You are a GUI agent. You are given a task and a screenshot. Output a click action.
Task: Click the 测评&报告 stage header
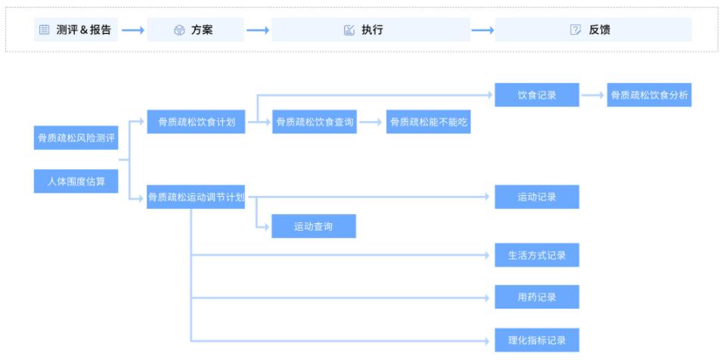coord(76,29)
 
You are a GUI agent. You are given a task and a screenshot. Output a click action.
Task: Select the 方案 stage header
coord(195,29)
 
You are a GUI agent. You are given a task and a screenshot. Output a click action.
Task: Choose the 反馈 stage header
coord(593,29)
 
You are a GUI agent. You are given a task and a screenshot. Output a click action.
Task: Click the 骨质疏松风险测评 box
coord(76,138)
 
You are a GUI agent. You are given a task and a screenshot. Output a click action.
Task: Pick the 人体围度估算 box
coord(76,182)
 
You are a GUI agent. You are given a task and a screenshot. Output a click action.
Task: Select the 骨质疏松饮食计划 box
coord(196,122)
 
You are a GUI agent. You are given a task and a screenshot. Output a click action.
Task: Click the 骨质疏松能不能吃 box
coord(428,122)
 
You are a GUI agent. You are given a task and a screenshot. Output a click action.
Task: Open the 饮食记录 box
coord(537,95)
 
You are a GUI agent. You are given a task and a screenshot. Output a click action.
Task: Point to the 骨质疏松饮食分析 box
coord(650,95)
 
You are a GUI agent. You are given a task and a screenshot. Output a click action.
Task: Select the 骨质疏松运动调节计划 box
coord(196,197)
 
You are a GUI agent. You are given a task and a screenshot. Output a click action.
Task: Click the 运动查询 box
coord(314,226)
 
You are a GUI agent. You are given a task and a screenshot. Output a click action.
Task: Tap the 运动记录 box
coord(537,197)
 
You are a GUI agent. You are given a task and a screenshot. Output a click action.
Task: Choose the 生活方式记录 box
coord(537,256)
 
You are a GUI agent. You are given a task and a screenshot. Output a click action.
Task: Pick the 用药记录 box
coord(537,297)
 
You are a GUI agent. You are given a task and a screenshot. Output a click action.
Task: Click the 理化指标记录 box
coord(537,340)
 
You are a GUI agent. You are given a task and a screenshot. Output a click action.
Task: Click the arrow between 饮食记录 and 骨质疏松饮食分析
coord(594,95)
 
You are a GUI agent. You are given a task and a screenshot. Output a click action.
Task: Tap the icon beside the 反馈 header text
coord(576,29)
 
